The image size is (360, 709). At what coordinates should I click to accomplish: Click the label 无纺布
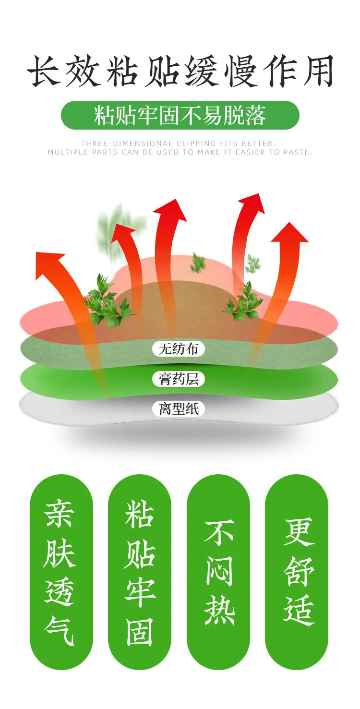tap(178, 349)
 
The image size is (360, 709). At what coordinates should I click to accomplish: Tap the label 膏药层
tap(178, 379)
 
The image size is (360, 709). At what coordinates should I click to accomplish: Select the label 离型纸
tap(178, 409)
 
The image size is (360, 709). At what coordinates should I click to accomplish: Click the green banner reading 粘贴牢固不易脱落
tap(180, 115)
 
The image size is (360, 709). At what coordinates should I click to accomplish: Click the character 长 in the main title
tap(44, 71)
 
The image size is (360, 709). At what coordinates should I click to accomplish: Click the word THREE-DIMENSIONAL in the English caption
tap(127, 144)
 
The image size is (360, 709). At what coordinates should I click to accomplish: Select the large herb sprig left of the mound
tap(106, 300)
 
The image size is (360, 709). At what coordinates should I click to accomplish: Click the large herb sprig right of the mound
tap(244, 300)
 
